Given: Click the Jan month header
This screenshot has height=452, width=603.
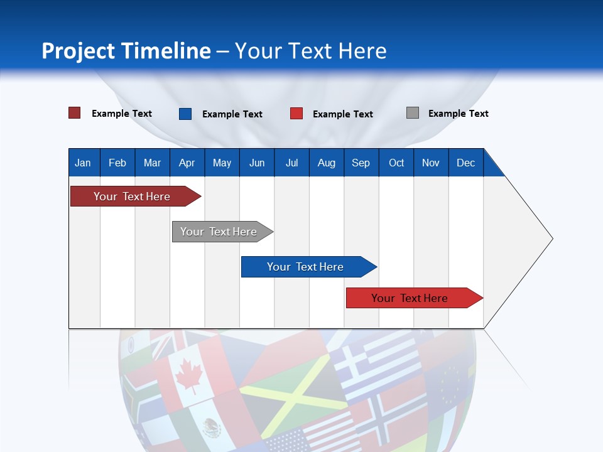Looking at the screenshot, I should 84,163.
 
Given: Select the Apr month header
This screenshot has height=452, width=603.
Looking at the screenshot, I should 187,163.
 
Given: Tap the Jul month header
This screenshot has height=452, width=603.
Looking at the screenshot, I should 291,163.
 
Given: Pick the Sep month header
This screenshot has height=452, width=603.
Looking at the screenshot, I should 361,163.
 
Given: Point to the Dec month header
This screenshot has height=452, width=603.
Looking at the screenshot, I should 465,163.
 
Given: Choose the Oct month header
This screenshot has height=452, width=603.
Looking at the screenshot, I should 396,163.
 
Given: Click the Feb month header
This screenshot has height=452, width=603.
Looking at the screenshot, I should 117,163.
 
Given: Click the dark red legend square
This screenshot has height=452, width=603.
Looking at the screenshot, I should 75,113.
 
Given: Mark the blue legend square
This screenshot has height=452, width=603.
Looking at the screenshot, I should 185,114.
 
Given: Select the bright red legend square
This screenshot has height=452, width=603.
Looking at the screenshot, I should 296,114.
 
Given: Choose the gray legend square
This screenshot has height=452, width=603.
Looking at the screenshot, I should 413,113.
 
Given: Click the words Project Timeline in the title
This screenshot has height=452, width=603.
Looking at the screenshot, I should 126,51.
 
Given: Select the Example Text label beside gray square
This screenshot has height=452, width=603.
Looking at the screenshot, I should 458,114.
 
